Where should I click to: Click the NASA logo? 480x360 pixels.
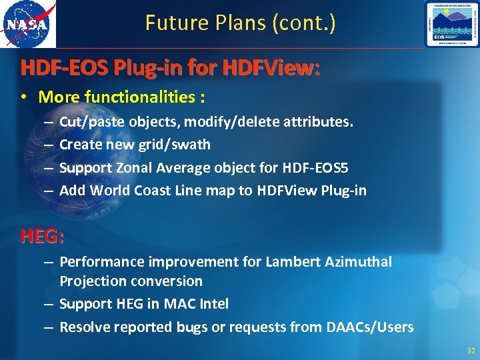click(28, 24)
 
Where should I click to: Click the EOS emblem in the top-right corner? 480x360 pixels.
click(451, 24)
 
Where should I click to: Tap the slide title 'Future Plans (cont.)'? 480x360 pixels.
click(240, 23)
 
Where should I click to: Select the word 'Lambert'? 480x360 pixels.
click(291, 262)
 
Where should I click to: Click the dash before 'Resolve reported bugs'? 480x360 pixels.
click(50, 327)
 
